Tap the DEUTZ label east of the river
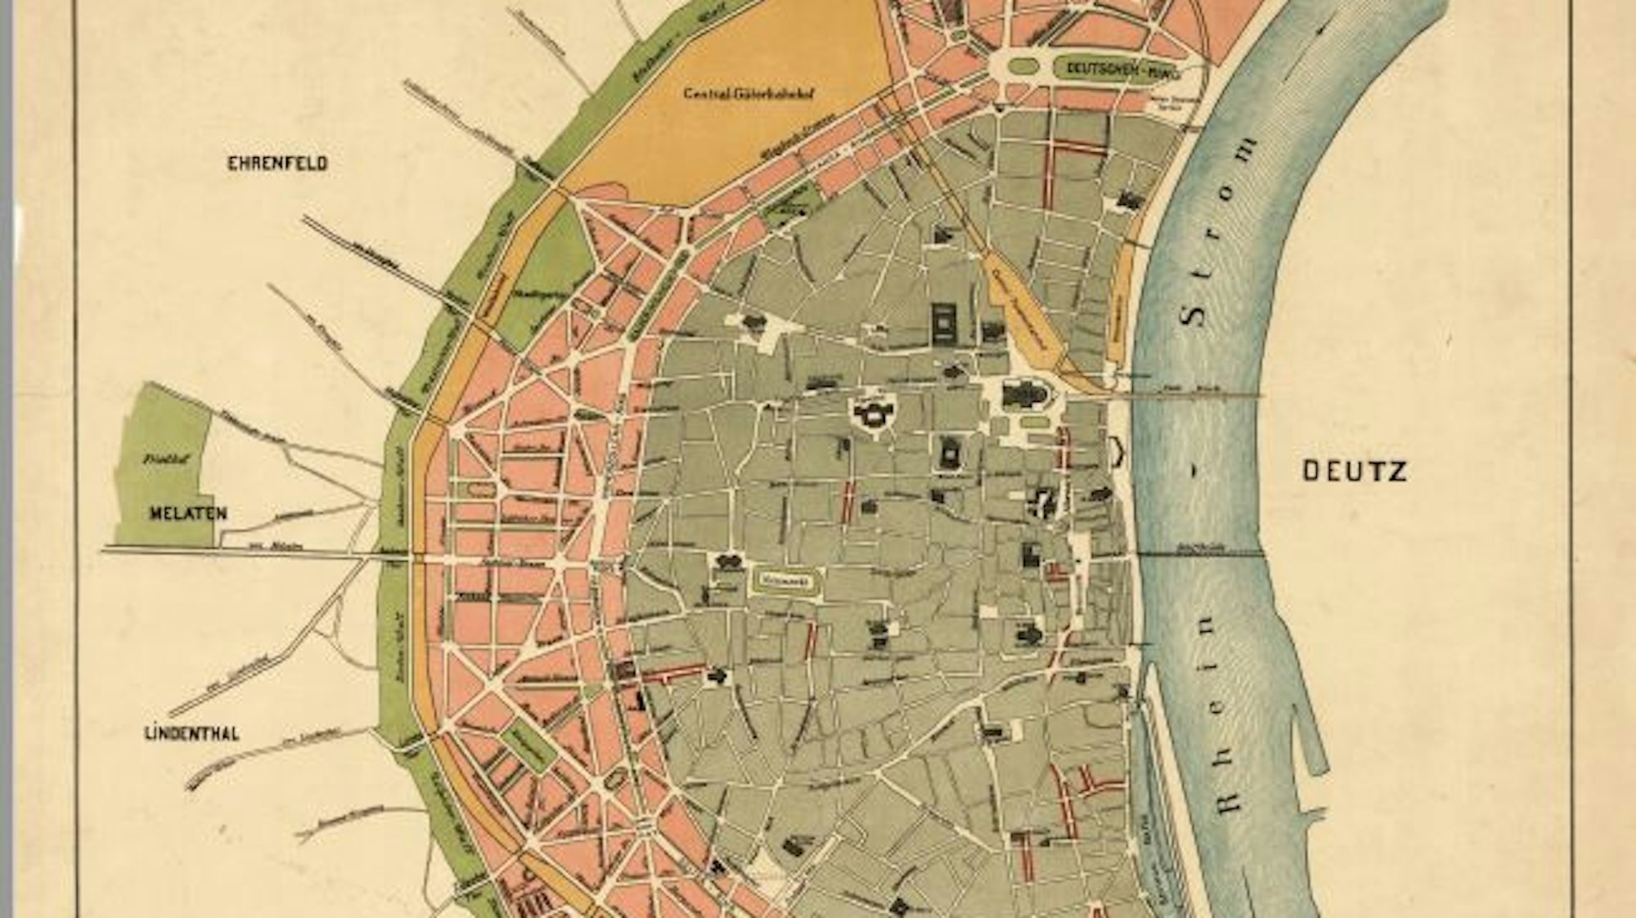tap(1354, 471)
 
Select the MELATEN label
tap(187, 513)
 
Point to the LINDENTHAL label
tap(191, 733)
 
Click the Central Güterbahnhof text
tap(751, 93)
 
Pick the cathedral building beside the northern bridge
tap(1022, 396)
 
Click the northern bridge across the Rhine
tap(1186, 395)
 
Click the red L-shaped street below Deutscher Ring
tap(1063, 163)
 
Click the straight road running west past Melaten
tap(245, 553)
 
